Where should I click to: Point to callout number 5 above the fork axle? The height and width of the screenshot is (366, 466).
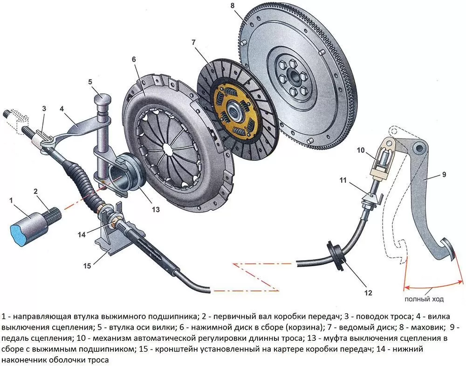tap(90, 82)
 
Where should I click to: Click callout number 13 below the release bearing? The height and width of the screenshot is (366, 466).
tap(156, 209)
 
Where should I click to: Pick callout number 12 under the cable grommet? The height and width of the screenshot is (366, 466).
tap(368, 293)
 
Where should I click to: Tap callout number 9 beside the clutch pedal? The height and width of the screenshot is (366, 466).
tap(444, 174)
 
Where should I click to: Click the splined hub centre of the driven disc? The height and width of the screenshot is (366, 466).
tap(237, 112)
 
